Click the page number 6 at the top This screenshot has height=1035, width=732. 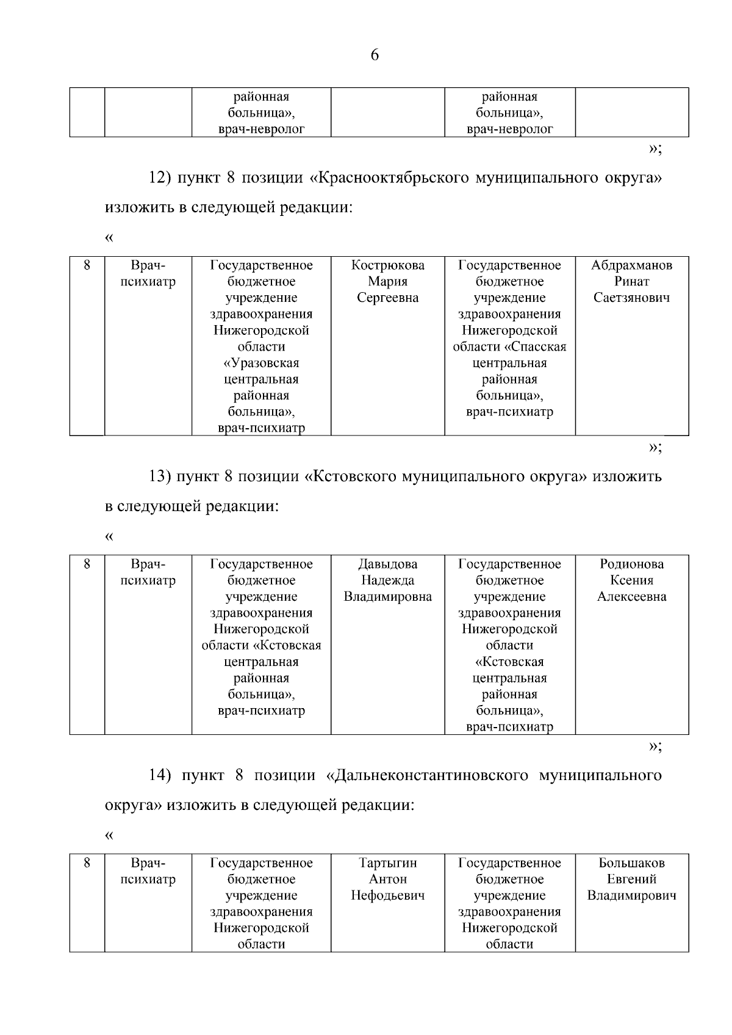[375, 56]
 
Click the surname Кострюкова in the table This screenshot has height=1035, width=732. [388, 265]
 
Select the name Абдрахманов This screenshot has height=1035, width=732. [631, 265]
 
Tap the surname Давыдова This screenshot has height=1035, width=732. [388, 564]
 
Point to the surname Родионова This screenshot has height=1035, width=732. [631, 564]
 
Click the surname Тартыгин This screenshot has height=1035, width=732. [388, 863]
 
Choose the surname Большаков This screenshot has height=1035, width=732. [631, 863]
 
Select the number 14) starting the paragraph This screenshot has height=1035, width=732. [161, 775]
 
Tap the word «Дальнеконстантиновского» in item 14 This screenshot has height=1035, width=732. [427, 775]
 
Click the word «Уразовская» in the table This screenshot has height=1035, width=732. [262, 363]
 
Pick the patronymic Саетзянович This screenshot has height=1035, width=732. [631, 298]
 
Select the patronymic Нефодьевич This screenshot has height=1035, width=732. [388, 896]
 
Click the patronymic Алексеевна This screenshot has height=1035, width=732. [631, 597]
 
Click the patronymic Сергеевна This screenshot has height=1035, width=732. [388, 298]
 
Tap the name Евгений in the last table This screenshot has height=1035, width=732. [631, 879]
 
